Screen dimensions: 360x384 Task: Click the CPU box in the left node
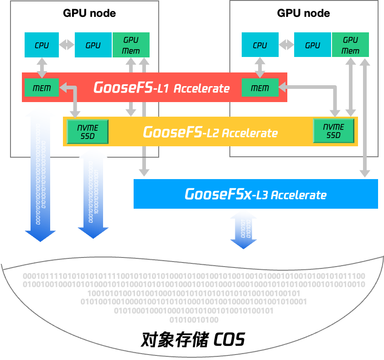42,45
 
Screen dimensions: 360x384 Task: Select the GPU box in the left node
93,45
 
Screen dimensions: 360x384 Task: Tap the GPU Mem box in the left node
131,45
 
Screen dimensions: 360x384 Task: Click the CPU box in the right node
259,45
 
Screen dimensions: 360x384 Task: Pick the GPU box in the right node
312,45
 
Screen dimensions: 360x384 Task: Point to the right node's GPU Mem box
350,45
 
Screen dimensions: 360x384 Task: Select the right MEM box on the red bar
260,87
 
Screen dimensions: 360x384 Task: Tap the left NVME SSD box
88,131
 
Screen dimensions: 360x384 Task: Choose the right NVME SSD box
333,131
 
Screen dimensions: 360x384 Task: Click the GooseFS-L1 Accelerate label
161,87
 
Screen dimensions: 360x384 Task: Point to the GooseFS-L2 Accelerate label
210,132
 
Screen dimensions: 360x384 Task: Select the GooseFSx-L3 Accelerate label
255,194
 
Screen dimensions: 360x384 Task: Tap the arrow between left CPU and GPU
67,45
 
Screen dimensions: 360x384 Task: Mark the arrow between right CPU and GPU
286,45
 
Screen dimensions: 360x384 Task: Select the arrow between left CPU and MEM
42,67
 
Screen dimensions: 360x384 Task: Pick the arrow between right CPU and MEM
260,67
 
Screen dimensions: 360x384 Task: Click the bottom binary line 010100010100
194,320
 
